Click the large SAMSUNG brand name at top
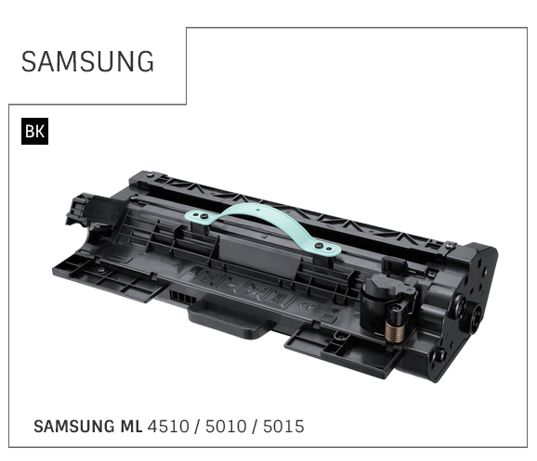click(x=87, y=61)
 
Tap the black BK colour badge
click(x=34, y=131)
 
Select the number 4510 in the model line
click(x=168, y=427)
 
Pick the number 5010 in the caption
click(x=226, y=427)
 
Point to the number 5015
click(x=283, y=427)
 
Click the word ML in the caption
click(x=132, y=427)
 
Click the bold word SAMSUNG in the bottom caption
click(x=74, y=427)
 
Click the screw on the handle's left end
click(x=204, y=216)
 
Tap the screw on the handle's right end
click(x=320, y=245)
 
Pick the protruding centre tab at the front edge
click(x=230, y=319)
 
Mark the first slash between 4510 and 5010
click(x=197, y=427)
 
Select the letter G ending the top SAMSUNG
click(x=145, y=61)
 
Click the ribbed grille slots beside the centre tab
click(x=182, y=297)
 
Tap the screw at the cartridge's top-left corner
click(x=150, y=174)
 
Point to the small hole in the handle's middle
click(x=257, y=210)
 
